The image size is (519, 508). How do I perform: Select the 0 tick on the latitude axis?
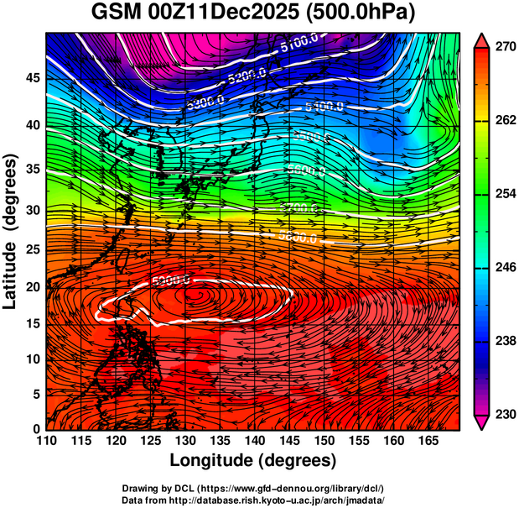[x=34, y=428]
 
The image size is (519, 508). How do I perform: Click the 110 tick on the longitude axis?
[x=46, y=441]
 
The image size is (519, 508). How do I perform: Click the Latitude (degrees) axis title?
[x=11, y=231]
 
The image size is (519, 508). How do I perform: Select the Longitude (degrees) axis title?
[x=253, y=460]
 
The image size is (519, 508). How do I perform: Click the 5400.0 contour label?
[x=324, y=107]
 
